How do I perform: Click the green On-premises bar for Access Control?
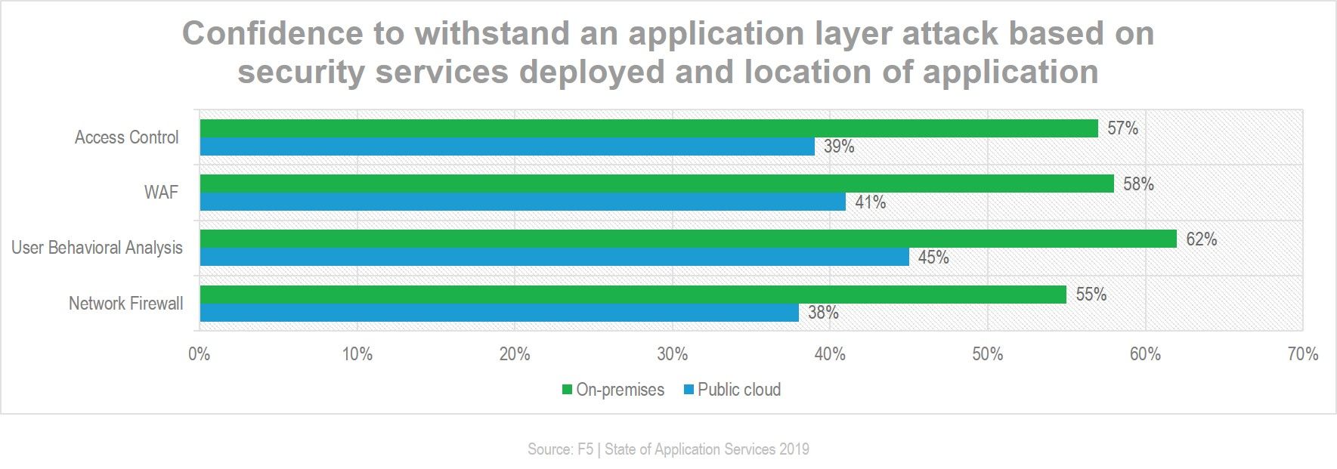click(x=649, y=128)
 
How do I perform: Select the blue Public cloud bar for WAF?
click(x=523, y=202)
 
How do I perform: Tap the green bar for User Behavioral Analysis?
click(x=689, y=239)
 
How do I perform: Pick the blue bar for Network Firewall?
click(x=500, y=313)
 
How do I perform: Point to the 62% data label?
click(x=1201, y=239)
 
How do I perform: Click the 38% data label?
click(x=823, y=313)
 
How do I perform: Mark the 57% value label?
click(x=1122, y=128)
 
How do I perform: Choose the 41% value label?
click(x=870, y=202)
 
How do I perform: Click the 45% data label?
click(x=933, y=258)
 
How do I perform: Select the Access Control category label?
click(x=127, y=137)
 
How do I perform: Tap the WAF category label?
click(x=161, y=193)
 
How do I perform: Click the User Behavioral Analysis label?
click(x=97, y=248)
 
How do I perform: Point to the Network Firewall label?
click(x=126, y=304)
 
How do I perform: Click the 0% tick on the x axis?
click(x=199, y=353)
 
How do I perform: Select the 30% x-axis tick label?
click(x=672, y=353)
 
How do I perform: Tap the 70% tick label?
click(x=1302, y=353)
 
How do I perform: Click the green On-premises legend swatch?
click(x=566, y=390)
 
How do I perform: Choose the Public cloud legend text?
click(x=739, y=390)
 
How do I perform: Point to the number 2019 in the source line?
click(x=793, y=449)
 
